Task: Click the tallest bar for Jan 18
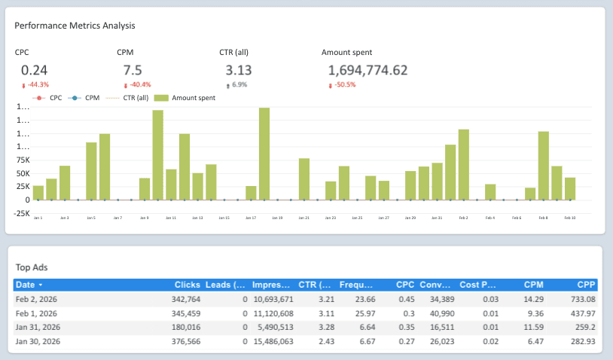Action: [x=264, y=154]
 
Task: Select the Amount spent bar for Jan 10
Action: [x=158, y=155]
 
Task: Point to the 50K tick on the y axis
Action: [x=22, y=173]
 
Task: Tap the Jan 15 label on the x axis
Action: [x=224, y=218]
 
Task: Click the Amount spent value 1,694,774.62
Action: [x=368, y=70]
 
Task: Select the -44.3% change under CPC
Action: [x=38, y=84]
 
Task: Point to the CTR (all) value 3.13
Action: [x=238, y=70]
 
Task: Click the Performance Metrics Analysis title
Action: [x=75, y=26]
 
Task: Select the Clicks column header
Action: [x=187, y=285]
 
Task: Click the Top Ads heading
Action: [x=32, y=267]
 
